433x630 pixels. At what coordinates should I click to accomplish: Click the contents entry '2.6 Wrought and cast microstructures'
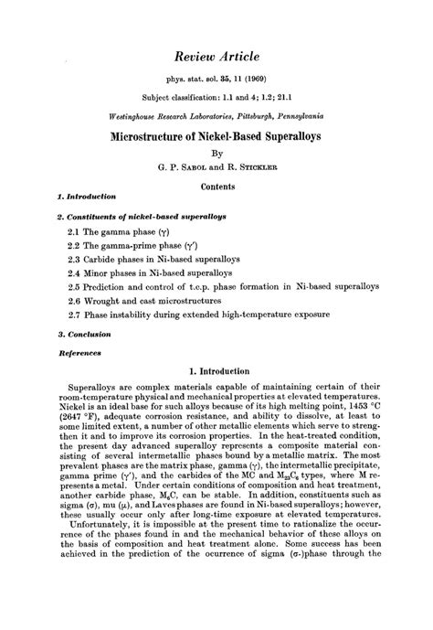pyautogui.click(x=140, y=300)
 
